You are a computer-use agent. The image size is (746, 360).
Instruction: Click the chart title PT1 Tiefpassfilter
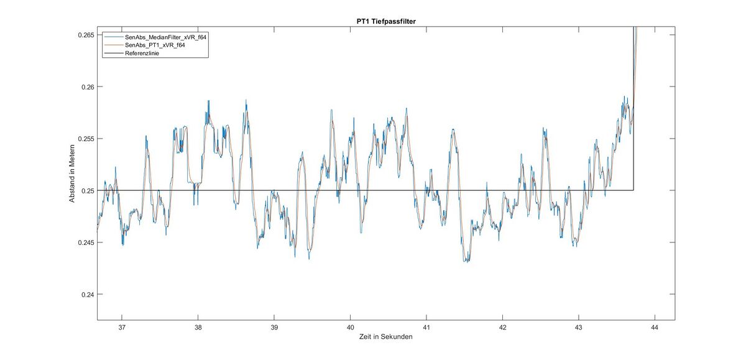[x=386, y=22]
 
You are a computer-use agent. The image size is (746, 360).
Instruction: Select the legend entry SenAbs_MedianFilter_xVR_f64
[x=165, y=37]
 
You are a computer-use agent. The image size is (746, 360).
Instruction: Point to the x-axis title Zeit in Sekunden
[x=386, y=337]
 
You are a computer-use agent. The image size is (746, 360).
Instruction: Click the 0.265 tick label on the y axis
[x=85, y=35]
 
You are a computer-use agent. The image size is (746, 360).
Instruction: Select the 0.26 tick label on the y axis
[x=86, y=87]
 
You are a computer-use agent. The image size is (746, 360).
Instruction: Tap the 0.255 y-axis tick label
[x=85, y=139]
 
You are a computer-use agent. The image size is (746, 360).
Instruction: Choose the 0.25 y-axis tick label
[x=86, y=190]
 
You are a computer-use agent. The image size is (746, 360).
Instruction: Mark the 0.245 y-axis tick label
[x=85, y=242]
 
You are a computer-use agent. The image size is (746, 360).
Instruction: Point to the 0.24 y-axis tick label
[x=86, y=294]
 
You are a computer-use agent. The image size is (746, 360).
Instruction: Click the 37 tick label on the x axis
[x=122, y=327]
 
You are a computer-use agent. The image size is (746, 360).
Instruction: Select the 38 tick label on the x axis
[x=198, y=327]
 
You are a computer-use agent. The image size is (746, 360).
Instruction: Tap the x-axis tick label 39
[x=274, y=327]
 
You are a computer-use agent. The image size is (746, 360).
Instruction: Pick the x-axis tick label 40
[x=350, y=327]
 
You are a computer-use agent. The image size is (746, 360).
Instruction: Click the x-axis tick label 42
[x=502, y=327]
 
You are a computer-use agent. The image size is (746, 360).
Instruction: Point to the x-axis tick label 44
[x=655, y=327]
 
